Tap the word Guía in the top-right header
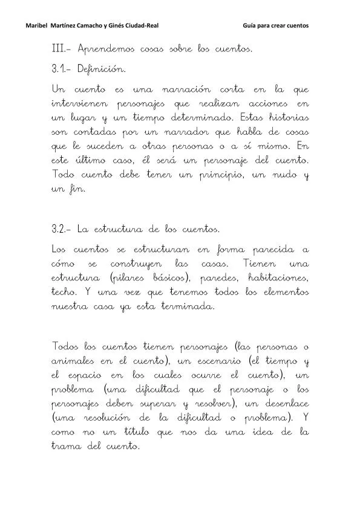(x=251, y=26)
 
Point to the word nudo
(x=281, y=175)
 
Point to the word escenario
(x=213, y=361)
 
